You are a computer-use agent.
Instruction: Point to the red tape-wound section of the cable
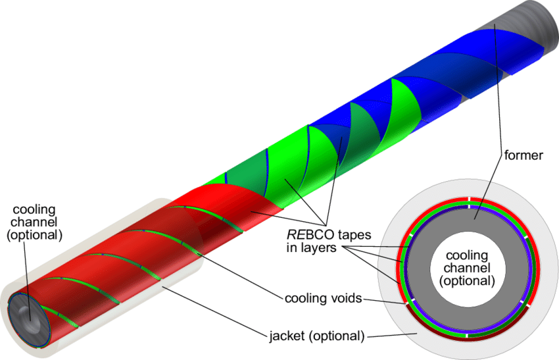point(164,230)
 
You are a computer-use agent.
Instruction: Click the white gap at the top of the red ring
point(468,197)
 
